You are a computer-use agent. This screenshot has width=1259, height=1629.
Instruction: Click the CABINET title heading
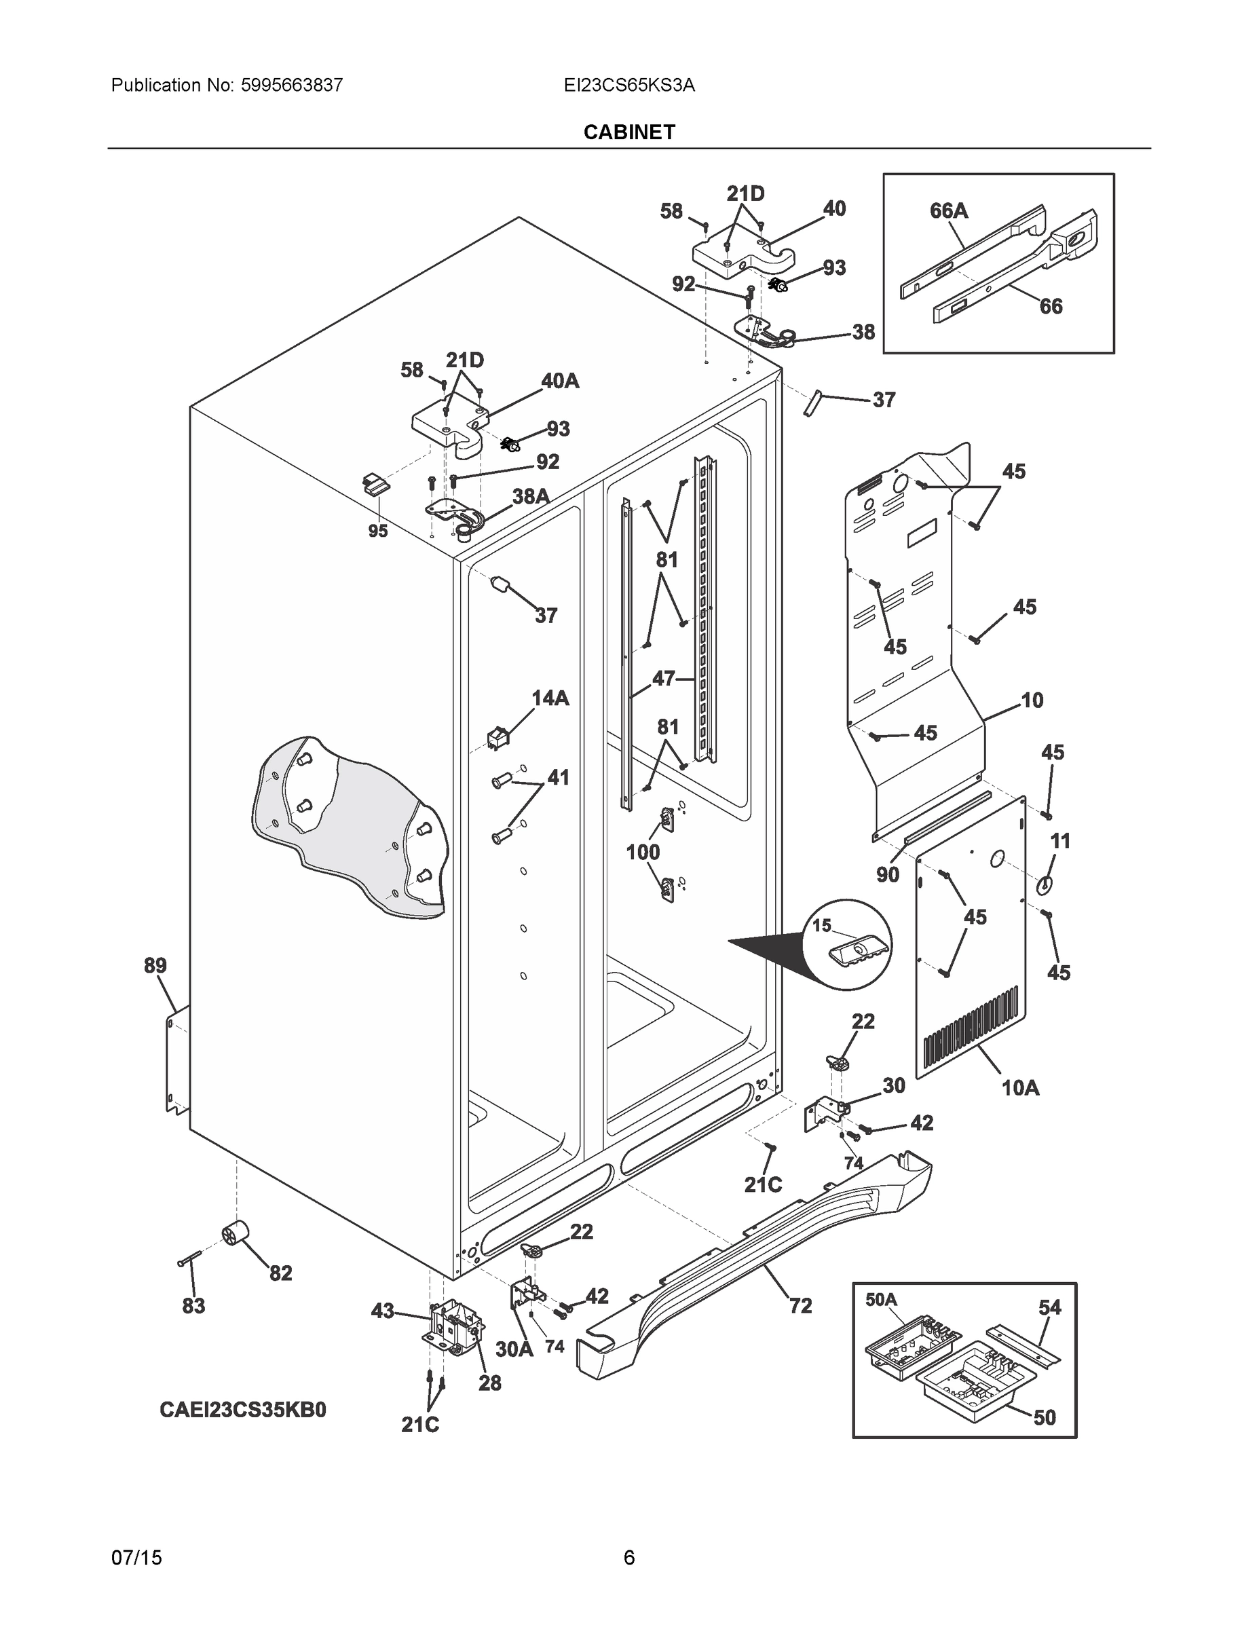pos(628,132)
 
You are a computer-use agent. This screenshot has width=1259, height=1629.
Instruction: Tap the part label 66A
pos(949,211)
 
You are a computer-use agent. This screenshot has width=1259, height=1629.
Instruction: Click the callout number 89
pos(155,966)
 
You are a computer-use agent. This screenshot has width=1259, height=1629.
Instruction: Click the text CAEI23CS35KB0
pos(242,1410)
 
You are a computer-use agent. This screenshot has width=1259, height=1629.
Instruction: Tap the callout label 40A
pos(559,381)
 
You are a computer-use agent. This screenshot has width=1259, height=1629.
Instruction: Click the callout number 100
pos(643,852)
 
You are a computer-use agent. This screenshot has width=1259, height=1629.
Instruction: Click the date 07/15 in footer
pos(136,1558)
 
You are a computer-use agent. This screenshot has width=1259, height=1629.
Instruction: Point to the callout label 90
pos(888,874)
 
